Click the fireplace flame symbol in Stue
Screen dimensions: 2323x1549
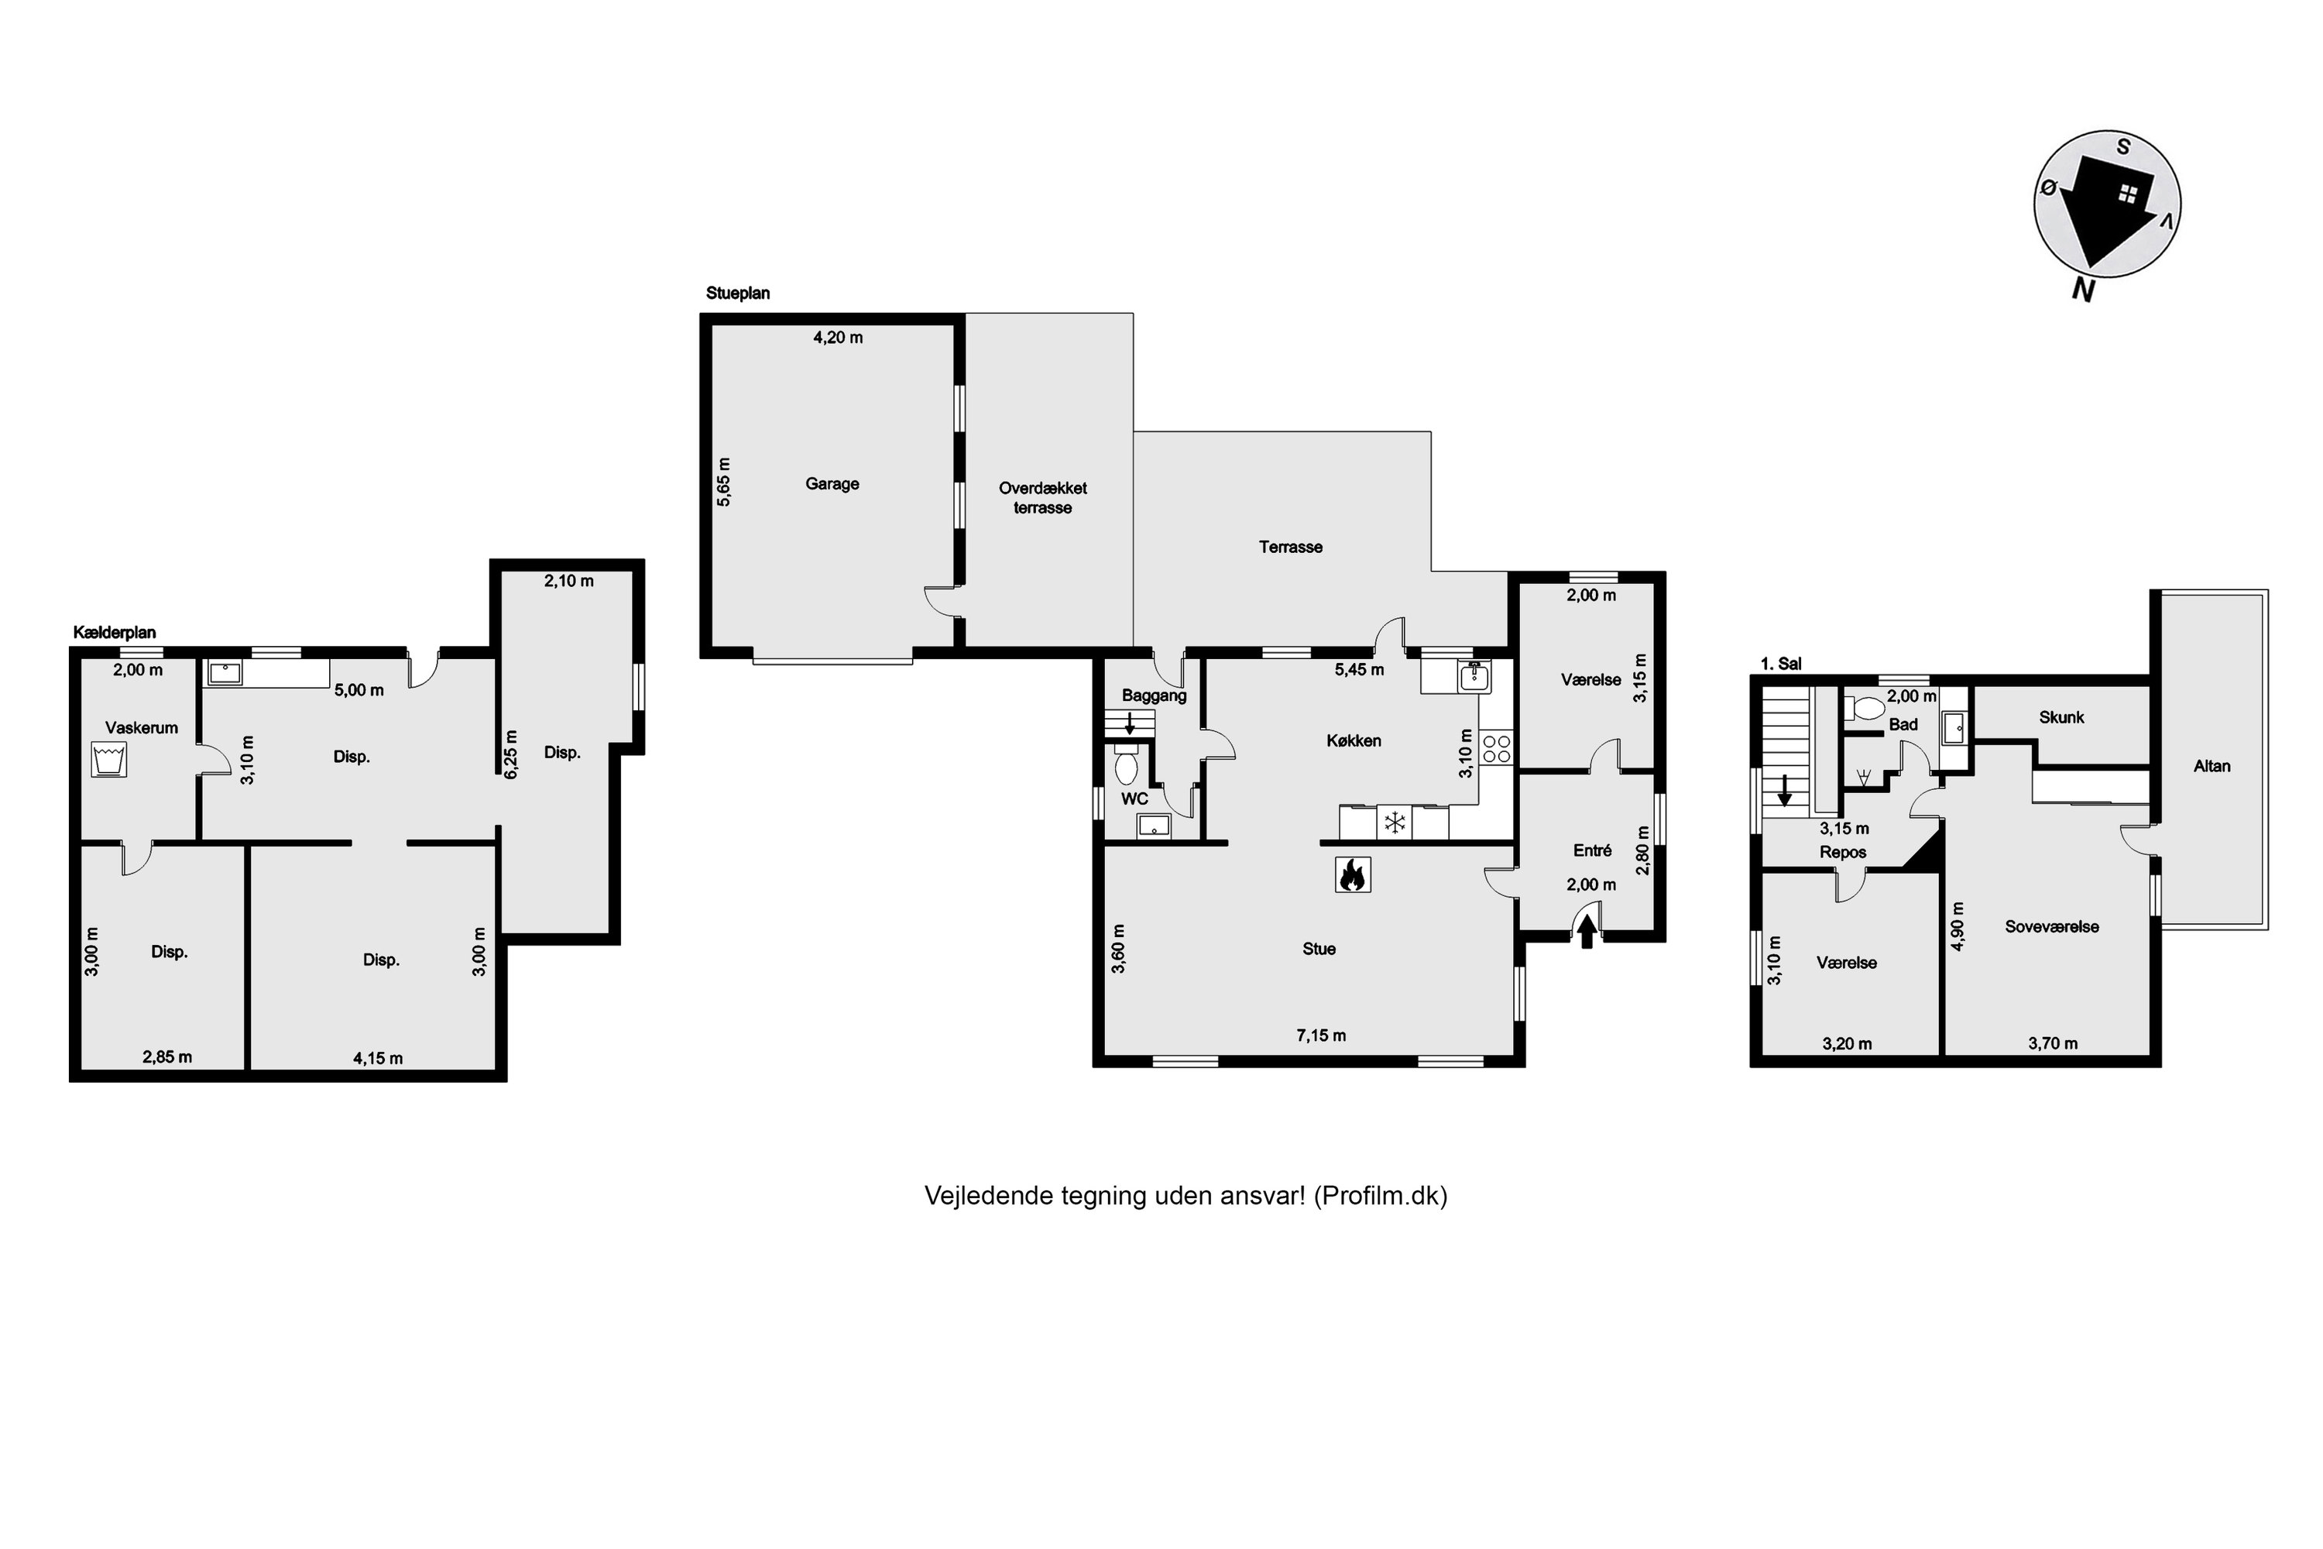click(1352, 874)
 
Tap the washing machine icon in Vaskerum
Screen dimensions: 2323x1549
click(108, 761)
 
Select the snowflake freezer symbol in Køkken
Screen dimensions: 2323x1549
click(1395, 822)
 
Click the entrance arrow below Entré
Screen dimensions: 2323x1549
click(1587, 932)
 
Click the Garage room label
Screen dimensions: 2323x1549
click(832, 484)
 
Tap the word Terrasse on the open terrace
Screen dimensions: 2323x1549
click(1290, 548)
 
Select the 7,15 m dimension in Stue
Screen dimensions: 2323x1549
click(1320, 1036)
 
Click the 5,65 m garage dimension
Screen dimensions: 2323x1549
click(724, 482)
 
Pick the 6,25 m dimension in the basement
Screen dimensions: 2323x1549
click(510, 754)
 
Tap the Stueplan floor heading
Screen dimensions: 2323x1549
click(738, 294)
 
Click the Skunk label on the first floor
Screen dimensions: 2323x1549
click(2061, 717)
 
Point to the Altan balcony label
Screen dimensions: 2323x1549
click(2211, 766)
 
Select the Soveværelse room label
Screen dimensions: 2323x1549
click(2051, 926)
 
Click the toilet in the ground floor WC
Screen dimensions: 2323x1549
click(1126, 766)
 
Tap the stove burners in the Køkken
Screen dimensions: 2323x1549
click(1496, 748)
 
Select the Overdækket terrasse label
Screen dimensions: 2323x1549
click(1043, 498)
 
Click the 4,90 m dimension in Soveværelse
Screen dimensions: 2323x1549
click(1958, 926)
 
